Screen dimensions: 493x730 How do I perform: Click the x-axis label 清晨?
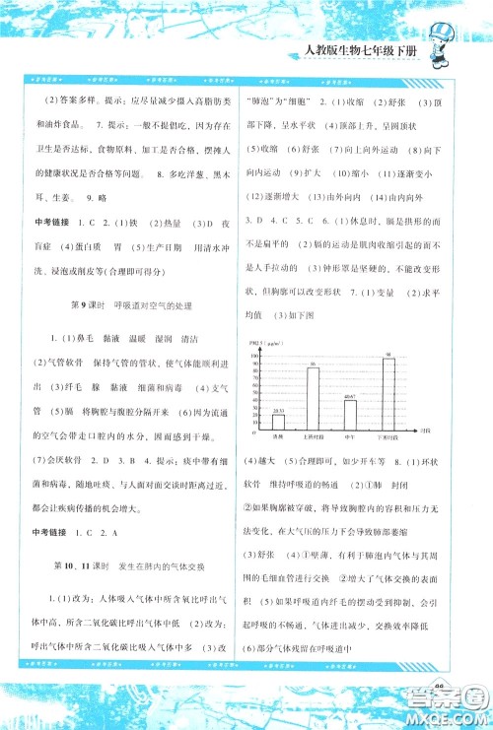(x=279, y=436)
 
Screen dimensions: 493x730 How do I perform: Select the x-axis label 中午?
(x=349, y=436)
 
